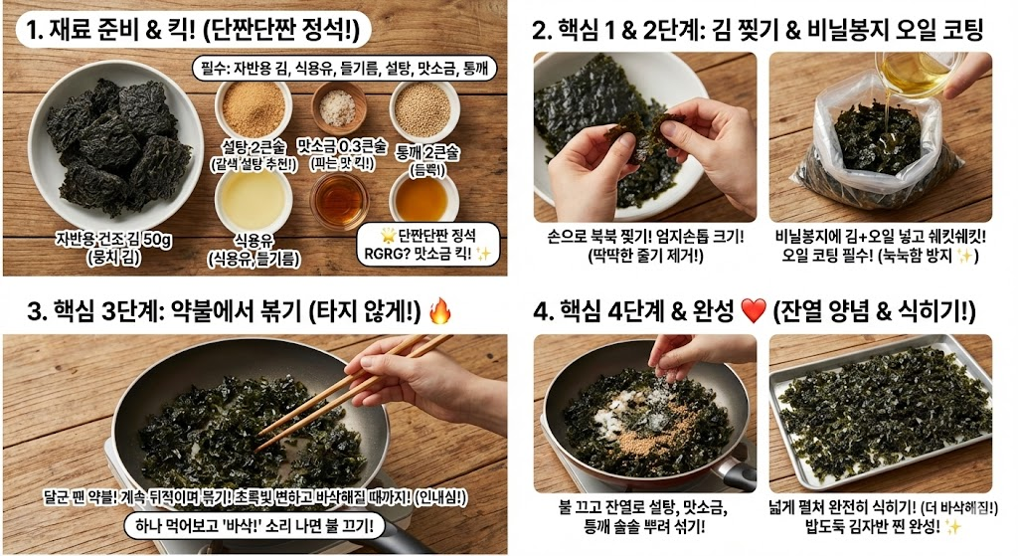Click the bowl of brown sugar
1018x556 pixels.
coord(254,105)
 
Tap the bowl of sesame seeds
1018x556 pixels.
coord(424,105)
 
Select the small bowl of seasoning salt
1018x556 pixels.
coord(338,105)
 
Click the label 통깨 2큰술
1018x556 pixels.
coord(427,152)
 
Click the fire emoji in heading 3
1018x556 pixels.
coord(440,311)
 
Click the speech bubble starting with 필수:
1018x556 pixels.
coord(344,68)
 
